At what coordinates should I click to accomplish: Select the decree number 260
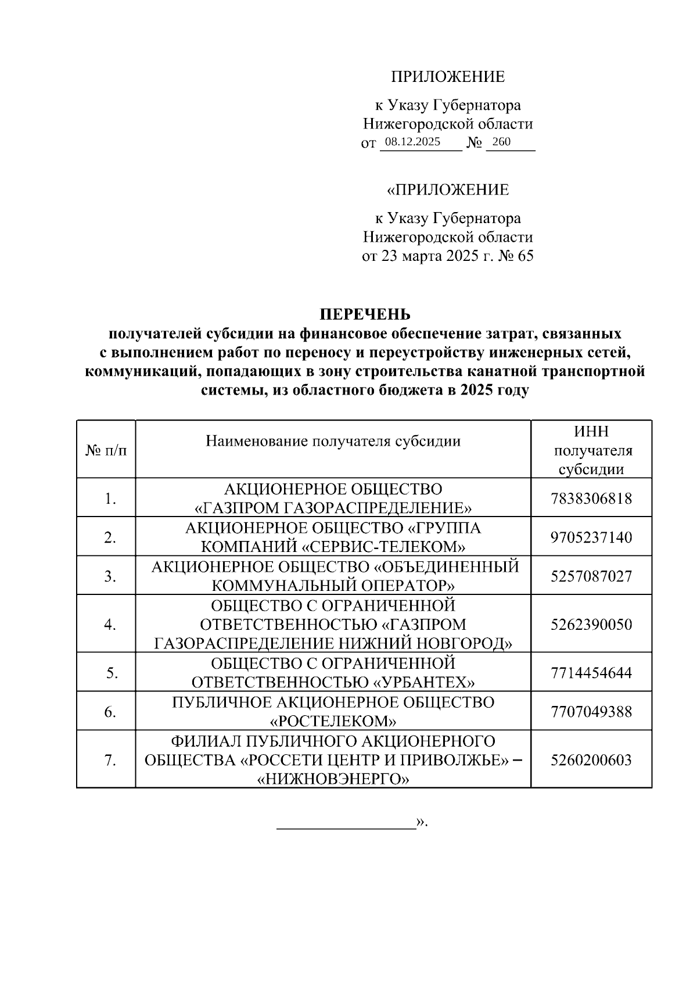(501, 142)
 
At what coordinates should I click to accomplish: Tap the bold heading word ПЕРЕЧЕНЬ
(365, 314)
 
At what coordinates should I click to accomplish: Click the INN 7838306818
(591, 499)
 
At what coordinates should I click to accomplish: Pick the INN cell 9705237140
(591, 537)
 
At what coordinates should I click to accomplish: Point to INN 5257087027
(591, 576)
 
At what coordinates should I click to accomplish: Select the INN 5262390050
(591, 625)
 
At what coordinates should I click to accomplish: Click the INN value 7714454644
(591, 673)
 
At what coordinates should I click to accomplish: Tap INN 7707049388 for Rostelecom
(591, 712)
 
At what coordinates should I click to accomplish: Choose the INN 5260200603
(591, 760)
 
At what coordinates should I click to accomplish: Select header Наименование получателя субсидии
(333, 441)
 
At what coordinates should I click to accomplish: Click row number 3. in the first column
(110, 576)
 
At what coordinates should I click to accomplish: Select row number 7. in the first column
(110, 761)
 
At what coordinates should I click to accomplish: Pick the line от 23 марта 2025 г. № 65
(447, 256)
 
